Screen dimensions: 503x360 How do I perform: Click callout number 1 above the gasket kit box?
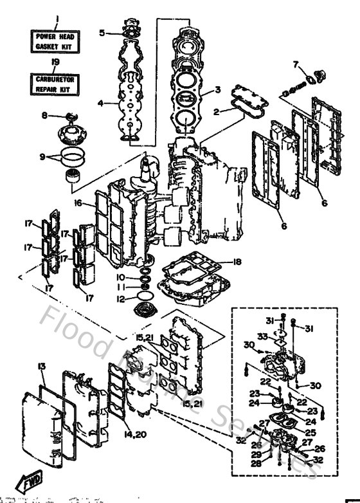56,18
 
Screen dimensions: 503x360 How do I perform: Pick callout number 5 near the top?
102,32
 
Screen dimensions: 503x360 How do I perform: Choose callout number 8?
45,116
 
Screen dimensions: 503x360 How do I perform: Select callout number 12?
120,298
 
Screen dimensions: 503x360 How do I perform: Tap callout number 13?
42,366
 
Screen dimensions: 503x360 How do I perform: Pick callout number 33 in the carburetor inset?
263,336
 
